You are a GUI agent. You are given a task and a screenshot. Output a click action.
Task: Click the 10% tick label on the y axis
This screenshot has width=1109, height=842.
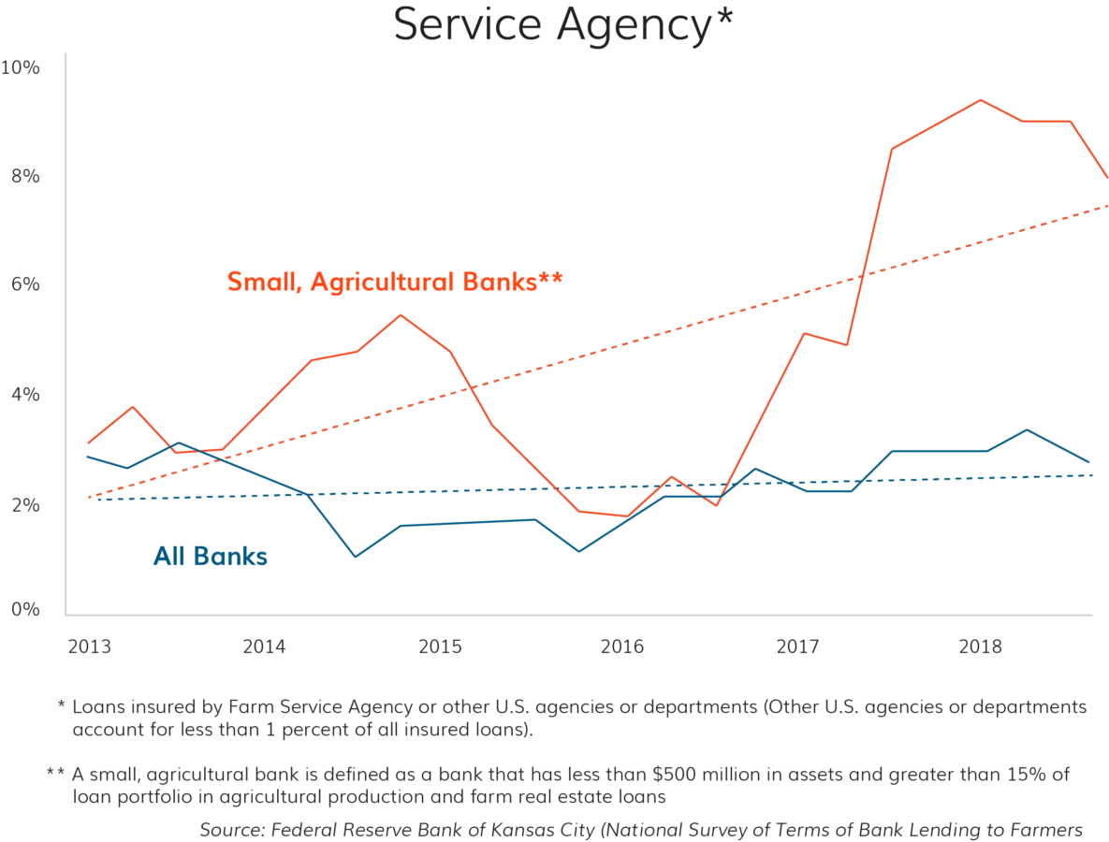click(x=20, y=68)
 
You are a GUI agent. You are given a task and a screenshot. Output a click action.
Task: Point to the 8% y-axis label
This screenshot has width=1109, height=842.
click(x=24, y=176)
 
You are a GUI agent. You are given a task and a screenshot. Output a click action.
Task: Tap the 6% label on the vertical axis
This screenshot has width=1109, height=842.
click(x=24, y=284)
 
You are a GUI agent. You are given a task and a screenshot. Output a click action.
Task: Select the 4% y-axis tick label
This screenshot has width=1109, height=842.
click(x=24, y=395)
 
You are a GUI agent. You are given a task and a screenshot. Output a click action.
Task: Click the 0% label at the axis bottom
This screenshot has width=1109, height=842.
click(x=24, y=610)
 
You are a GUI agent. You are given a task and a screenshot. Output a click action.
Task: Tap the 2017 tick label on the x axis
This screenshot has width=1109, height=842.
click(x=797, y=646)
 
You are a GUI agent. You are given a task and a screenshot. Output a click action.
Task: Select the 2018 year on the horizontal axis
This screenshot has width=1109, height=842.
click(x=980, y=646)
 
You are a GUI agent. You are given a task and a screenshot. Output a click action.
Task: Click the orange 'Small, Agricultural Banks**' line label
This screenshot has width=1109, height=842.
click(x=394, y=281)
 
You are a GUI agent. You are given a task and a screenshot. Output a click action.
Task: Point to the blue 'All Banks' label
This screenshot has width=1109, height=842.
click(x=211, y=557)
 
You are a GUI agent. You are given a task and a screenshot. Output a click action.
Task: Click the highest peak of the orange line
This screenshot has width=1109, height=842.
click(x=980, y=100)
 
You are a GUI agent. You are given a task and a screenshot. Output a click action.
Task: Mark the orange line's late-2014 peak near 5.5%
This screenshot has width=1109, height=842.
click(x=401, y=315)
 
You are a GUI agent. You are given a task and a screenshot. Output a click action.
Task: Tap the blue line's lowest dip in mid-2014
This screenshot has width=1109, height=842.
click(x=355, y=557)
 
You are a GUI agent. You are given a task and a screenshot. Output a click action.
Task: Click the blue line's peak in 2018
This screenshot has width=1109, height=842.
click(x=1027, y=430)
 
